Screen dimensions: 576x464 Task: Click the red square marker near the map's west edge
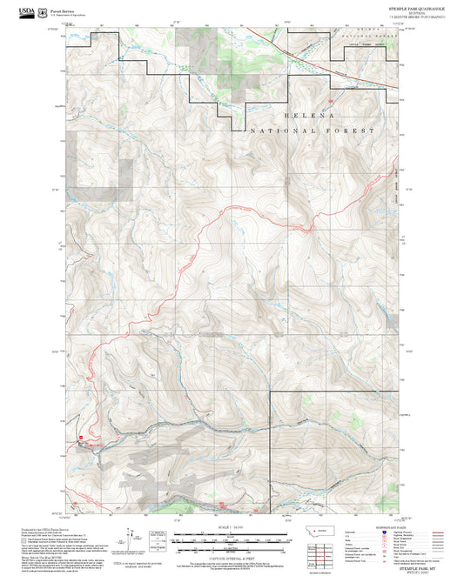81,438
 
